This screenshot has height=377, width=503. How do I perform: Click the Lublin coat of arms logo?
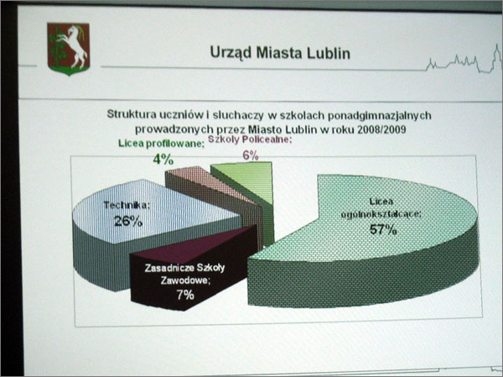tap(69, 49)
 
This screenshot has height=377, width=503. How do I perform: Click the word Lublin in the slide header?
tap(329, 54)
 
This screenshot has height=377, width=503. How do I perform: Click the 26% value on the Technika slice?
tap(128, 221)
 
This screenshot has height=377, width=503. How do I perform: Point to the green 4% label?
tap(163, 159)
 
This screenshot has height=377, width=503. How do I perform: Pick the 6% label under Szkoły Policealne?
tap(250, 155)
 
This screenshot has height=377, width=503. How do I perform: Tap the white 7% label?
tap(185, 295)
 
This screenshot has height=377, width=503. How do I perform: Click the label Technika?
tap(126, 205)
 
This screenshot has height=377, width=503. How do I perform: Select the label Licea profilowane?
tap(161, 144)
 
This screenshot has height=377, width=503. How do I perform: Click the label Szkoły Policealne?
tap(250, 139)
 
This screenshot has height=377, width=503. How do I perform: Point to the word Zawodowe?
tap(185, 280)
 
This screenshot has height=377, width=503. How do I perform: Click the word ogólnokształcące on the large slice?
tap(381, 214)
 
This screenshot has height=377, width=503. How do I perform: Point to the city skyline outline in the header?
tap(464, 61)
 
